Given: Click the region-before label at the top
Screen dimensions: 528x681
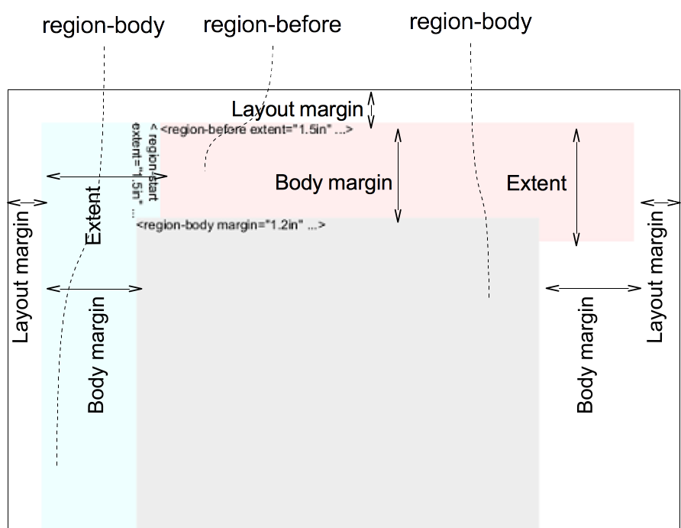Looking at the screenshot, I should pos(273,26).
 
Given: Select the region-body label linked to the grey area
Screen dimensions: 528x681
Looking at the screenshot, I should pos(470,23).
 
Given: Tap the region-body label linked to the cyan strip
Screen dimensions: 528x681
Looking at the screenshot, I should pos(104,27).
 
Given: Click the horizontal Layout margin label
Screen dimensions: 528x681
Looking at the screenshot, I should pos(298,109).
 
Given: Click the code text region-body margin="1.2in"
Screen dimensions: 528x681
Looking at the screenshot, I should pos(231,225).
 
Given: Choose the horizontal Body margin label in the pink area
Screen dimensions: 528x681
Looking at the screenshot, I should pos(334,183).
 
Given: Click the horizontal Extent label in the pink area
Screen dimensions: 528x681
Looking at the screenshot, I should pos(537,183).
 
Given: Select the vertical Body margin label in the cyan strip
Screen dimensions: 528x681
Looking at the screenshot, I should pos(96,355).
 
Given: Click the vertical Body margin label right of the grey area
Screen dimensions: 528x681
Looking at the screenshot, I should pos(586,355).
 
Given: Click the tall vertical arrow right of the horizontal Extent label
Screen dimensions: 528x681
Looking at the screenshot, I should pos(576,186).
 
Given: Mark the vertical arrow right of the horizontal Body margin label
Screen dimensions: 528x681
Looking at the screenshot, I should pos(398,176).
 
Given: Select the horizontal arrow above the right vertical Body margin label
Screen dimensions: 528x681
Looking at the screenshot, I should pos(594,288).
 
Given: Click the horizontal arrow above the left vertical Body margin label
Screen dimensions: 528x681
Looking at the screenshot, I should pos(95,288).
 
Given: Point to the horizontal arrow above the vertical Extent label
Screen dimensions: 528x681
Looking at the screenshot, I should pos(107,177).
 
